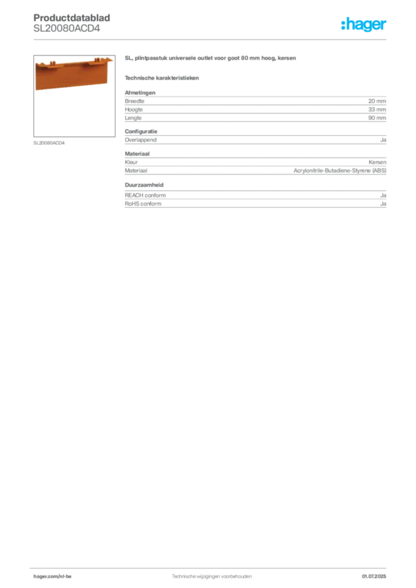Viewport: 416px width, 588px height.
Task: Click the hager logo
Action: tap(364, 24)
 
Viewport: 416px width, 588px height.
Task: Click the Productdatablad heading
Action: tap(72, 18)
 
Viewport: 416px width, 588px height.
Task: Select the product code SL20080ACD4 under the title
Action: tap(67, 29)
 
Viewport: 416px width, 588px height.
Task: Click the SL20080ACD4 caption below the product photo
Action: tap(49, 143)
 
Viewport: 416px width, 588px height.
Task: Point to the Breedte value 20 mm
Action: tap(377, 101)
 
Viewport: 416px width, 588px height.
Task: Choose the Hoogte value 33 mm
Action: tap(377, 110)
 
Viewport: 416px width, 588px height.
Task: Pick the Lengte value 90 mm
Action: tap(377, 118)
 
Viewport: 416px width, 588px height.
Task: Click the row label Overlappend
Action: tap(141, 140)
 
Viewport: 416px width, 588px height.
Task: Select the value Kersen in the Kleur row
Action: tap(378, 162)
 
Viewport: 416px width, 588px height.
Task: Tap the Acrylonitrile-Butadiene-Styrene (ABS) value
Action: tap(340, 171)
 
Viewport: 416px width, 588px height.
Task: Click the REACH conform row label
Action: tap(145, 195)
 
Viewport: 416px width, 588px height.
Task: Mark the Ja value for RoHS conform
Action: tap(383, 204)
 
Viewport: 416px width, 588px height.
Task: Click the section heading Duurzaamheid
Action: tap(144, 185)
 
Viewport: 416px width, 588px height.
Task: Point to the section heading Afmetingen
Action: tap(140, 92)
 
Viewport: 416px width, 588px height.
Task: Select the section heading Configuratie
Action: tap(141, 131)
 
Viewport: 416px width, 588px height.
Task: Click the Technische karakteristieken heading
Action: tap(161, 78)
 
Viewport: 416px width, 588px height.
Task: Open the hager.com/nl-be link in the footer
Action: tap(52, 577)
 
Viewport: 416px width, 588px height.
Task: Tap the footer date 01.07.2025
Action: tap(374, 577)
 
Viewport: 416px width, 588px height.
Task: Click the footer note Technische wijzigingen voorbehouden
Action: tap(211, 577)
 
